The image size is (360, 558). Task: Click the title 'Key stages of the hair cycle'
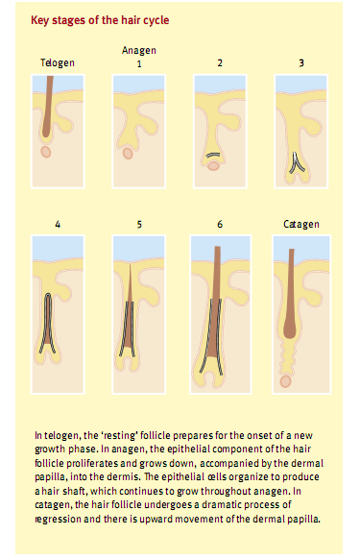pos(100,20)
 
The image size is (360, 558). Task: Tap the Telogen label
pos(58,63)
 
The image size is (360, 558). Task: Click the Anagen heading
pos(139,51)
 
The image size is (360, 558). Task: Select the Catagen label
pos(300,224)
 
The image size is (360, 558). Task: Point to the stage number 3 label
pos(300,63)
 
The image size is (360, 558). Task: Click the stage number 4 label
pos(58,225)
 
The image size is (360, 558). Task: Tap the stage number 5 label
pos(139,225)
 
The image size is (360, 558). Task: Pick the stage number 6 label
pos(220,224)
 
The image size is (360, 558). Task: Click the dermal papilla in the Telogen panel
pos(45,152)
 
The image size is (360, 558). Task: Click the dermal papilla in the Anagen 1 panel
pos(128,154)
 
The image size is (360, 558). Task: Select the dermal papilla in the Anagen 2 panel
pos(213,166)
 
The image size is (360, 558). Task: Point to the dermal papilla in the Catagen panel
pos(285,381)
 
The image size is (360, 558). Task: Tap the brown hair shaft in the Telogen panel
pos(47,107)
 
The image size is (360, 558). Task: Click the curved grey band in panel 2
pos(213,156)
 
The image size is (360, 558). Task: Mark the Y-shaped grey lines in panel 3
pos(297,163)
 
